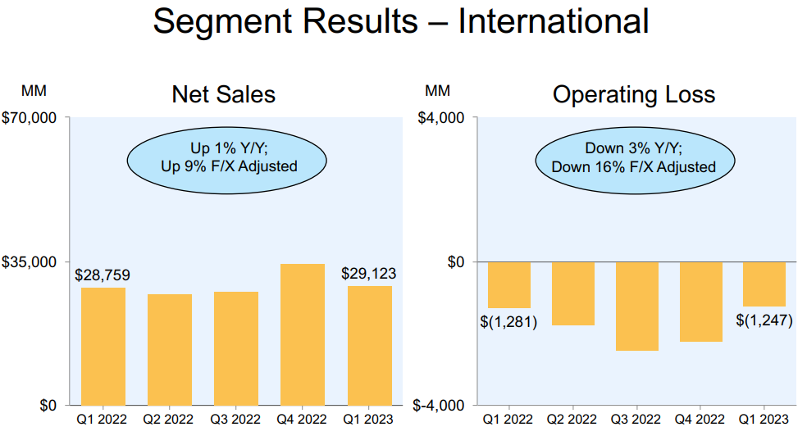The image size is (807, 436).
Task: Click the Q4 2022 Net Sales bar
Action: [303, 334]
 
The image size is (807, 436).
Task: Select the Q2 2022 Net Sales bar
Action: [170, 349]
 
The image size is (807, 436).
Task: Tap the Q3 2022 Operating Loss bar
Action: [636, 306]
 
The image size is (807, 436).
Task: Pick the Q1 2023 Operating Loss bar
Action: [764, 284]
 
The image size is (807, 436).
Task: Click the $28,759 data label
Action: [103, 275]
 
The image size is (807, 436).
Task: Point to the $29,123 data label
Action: [369, 273]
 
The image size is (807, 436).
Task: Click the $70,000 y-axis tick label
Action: [30, 118]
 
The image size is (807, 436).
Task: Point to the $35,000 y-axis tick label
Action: [30, 262]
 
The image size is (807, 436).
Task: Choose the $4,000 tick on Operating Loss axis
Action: [442, 118]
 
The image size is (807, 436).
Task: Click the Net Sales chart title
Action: [223, 94]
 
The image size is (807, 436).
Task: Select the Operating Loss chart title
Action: [634, 94]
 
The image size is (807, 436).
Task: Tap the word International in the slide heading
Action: [554, 21]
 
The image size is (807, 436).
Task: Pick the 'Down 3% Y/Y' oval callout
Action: [633, 158]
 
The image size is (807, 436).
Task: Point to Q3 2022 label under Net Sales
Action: [236, 420]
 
